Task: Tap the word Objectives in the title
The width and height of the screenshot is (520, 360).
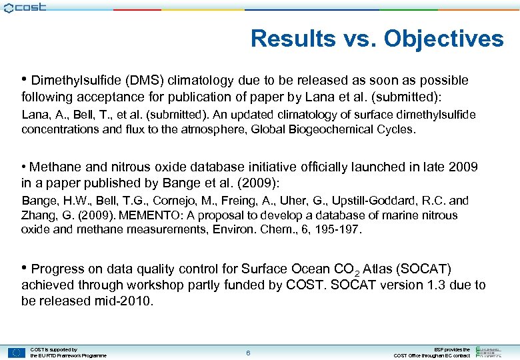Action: [x=443, y=39]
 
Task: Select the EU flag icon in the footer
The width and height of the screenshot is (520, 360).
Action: [x=16, y=353]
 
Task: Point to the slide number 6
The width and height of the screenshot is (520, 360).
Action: [x=247, y=353]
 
